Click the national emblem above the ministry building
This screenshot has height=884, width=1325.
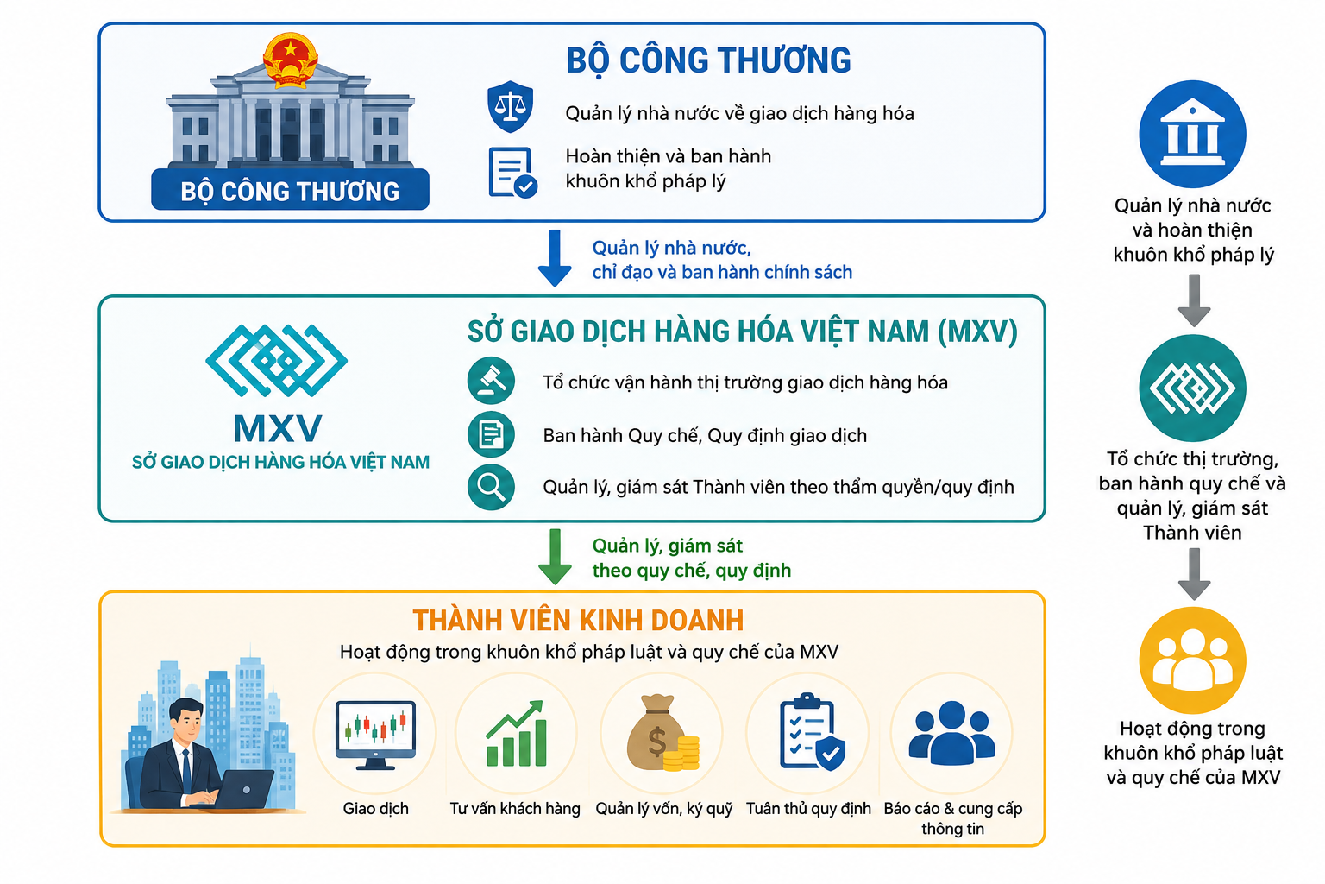click(290, 60)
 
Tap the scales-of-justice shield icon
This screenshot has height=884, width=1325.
click(510, 106)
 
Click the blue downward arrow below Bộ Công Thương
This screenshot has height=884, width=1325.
click(555, 258)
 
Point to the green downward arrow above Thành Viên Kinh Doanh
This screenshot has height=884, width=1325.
click(555, 557)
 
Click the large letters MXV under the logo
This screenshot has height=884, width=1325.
click(278, 428)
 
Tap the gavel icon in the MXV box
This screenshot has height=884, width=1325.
click(491, 381)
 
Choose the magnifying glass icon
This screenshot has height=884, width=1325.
click(491, 487)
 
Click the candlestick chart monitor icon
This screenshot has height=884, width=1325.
click(375, 735)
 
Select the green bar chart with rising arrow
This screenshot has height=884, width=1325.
click(516, 734)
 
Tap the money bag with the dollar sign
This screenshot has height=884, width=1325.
click(662, 733)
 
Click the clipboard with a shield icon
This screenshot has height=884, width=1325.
click(812, 732)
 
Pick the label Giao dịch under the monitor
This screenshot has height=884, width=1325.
click(375, 809)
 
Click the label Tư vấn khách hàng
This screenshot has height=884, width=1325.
click(515, 809)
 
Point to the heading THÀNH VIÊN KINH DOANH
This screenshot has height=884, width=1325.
click(578, 621)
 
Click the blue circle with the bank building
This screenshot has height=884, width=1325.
click(1192, 134)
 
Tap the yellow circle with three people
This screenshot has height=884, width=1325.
click(1192, 660)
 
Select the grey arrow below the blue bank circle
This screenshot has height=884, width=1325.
click(1194, 300)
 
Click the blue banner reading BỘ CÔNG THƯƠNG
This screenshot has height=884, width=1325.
click(290, 189)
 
